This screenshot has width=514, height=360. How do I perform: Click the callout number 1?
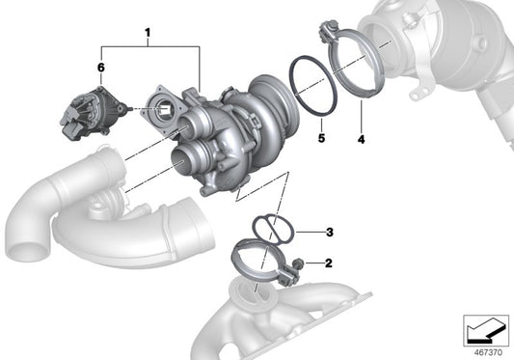click(x=148, y=35)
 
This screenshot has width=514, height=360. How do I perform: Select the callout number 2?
click(x=329, y=263)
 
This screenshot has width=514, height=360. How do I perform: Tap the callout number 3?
click(x=329, y=232)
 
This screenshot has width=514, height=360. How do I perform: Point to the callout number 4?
click(x=361, y=141)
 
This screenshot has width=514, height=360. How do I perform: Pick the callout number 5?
click(x=320, y=141)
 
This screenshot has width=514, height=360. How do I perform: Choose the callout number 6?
click(x=100, y=67)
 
